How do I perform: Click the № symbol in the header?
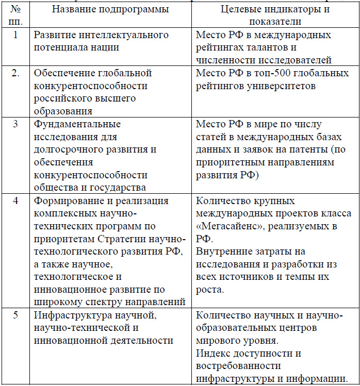coord(15,10)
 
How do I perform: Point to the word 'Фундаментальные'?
coord(77,124)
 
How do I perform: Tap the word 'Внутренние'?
coord(229,251)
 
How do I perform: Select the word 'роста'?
coord(209,290)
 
